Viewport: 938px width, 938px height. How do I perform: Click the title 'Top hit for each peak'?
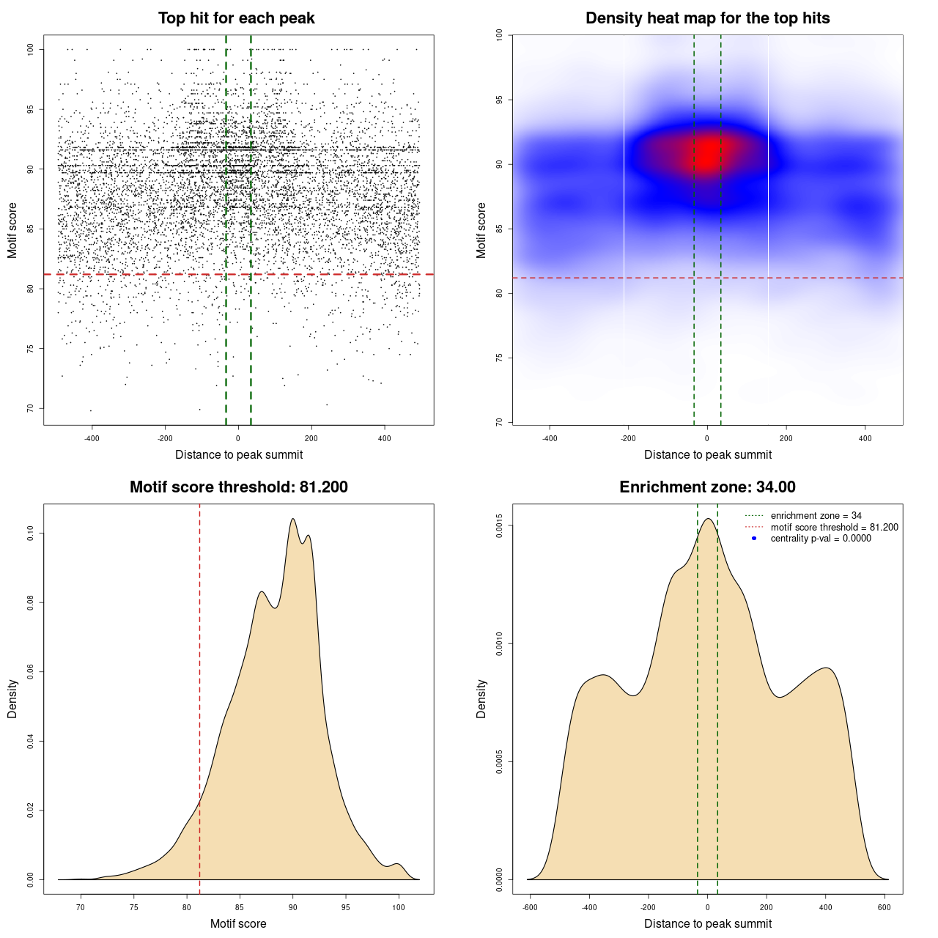point(237,18)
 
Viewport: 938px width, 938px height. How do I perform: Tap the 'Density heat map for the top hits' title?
point(708,18)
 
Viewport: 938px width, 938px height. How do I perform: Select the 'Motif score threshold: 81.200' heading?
point(239,487)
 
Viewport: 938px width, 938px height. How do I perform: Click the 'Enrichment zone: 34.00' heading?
point(708,487)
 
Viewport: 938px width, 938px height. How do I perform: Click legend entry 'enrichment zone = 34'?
point(816,516)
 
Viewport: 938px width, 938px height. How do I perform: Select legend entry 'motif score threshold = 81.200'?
point(834,527)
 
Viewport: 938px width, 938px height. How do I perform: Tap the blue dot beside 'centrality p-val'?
point(754,539)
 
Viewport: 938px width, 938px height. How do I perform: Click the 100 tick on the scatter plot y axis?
point(31,49)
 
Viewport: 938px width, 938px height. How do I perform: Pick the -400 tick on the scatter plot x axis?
point(92,439)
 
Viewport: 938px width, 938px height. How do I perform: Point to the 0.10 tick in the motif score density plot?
point(31,533)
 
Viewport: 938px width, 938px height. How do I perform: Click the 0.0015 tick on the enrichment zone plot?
point(500,525)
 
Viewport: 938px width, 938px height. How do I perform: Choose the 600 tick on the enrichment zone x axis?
point(885,908)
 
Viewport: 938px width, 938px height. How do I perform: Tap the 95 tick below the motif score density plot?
point(346,908)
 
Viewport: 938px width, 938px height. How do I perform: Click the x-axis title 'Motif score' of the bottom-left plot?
point(238,924)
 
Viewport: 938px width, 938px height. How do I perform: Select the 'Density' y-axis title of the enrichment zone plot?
point(481,698)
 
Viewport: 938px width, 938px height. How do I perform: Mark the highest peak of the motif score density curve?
point(293,519)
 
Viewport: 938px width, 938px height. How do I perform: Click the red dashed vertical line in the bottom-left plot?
point(199,696)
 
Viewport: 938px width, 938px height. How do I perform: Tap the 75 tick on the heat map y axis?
point(500,358)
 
